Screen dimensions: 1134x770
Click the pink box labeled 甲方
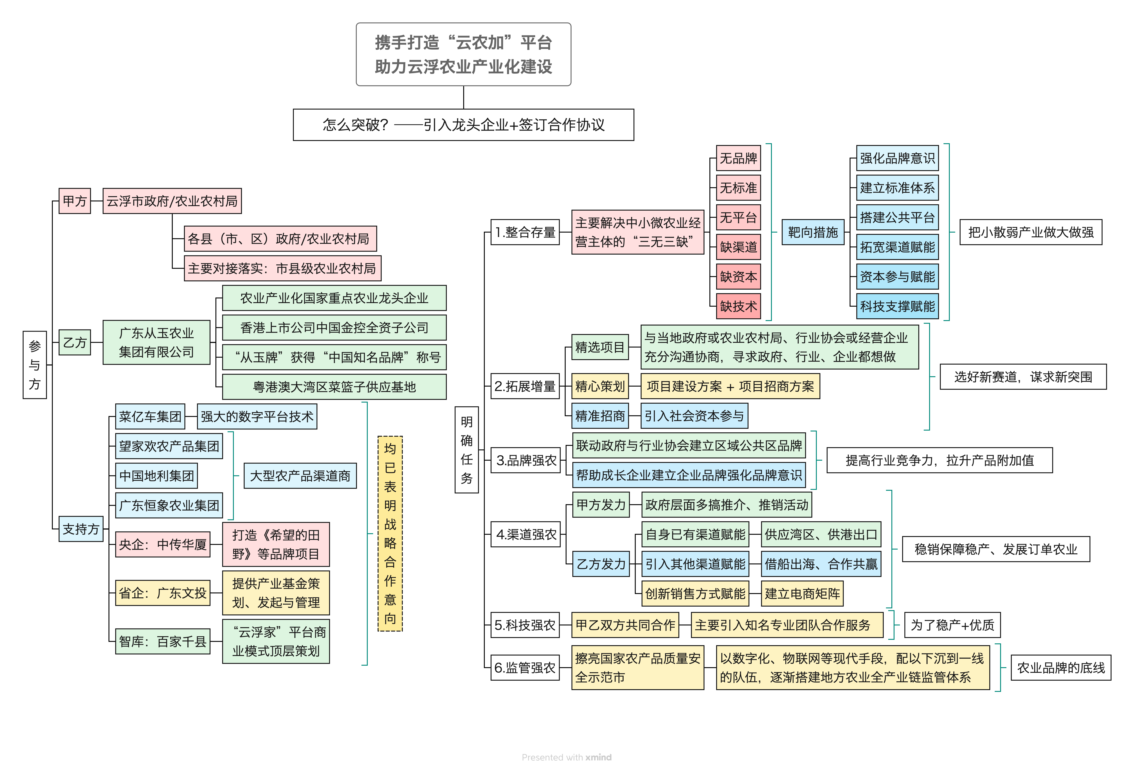pyautogui.click(x=75, y=201)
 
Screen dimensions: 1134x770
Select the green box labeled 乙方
pyautogui.click(x=75, y=342)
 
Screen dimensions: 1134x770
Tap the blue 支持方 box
pyautogui.click(x=81, y=529)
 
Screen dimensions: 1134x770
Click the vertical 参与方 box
pyautogui.click(x=35, y=365)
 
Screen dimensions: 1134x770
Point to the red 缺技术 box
pyautogui.click(x=738, y=306)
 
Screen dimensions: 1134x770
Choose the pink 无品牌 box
pyautogui.click(x=738, y=158)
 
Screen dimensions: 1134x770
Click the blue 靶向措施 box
pyautogui.click(x=813, y=232)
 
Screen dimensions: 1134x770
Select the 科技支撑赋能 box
pyautogui.click(x=897, y=306)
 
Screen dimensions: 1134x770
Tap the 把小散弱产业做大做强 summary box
pyautogui.click(x=1031, y=232)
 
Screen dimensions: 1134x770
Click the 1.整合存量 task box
pyautogui.click(x=525, y=232)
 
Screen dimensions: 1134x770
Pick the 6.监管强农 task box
pyautogui.click(x=525, y=668)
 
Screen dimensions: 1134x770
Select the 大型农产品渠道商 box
pyautogui.click(x=300, y=475)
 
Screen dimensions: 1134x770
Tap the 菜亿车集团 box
pyautogui.click(x=150, y=416)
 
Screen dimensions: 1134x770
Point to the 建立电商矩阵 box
pyautogui.click(x=802, y=594)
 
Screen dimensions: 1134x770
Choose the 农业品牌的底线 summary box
pyautogui.click(x=1061, y=668)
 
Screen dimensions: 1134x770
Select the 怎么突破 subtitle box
pyautogui.click(x=464, y=125)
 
